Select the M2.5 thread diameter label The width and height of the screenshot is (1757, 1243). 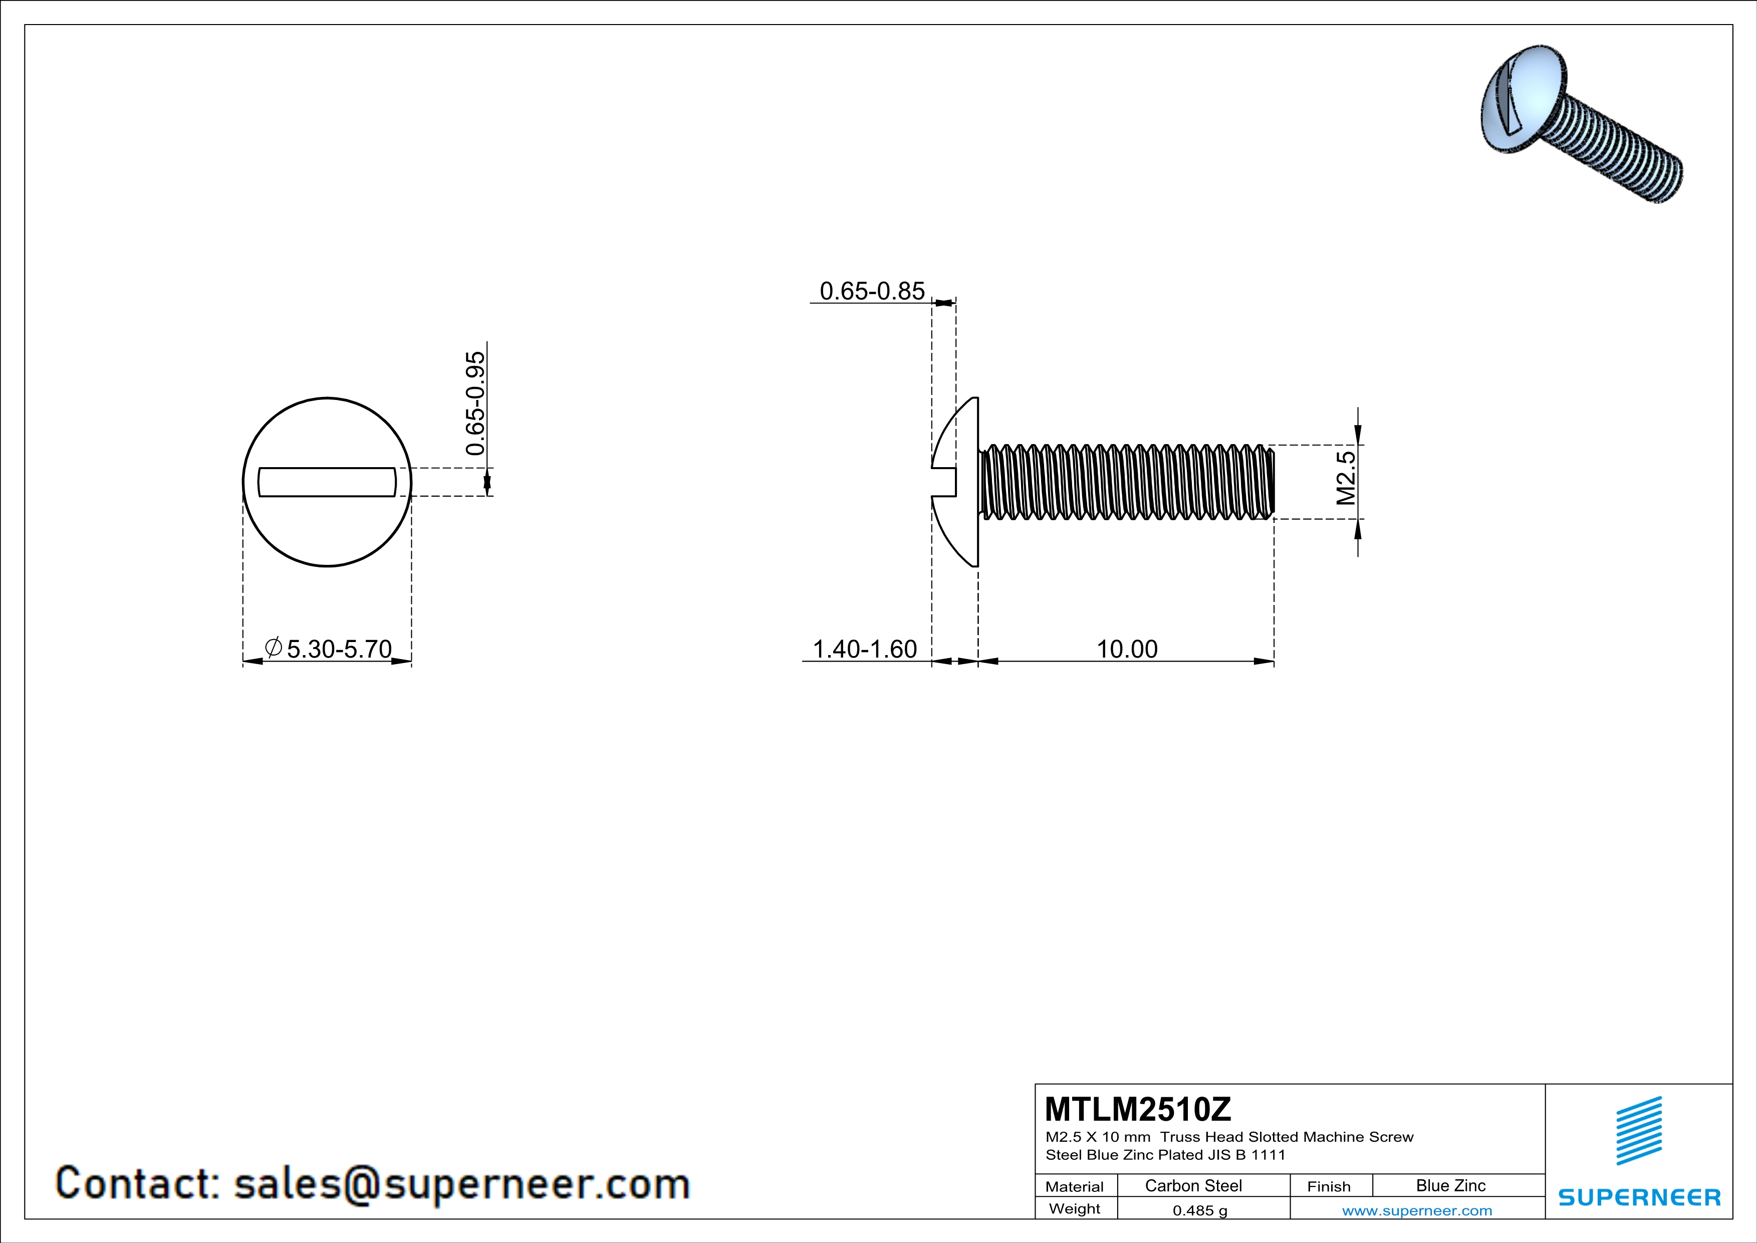click(x=1346, y=478)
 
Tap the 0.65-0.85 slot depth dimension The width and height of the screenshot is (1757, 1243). click(x=872, y=291)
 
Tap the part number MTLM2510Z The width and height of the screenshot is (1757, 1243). click(x=1137, y=1109)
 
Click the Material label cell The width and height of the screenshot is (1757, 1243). click(x=1075, y=1186)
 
